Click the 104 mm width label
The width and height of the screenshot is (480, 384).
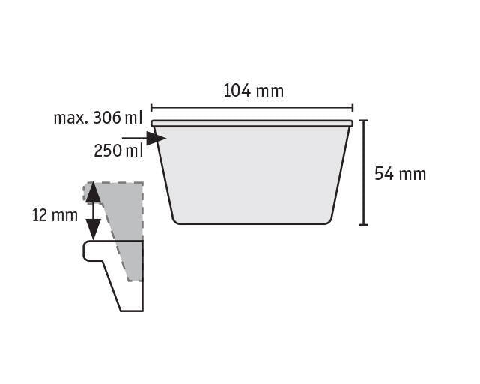pos(253,91)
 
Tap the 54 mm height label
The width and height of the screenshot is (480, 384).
pos(400,174)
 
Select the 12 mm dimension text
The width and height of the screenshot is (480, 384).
pos(55,215)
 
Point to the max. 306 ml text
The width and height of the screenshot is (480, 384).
pos(98,118)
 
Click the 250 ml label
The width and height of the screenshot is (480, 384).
pos(118,151)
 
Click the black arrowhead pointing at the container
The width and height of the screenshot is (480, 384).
pos(156,138)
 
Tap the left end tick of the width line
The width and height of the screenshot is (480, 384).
pos(151,108)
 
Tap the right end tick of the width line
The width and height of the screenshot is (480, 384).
pos(353,108)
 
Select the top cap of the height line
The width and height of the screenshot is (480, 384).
pos(363,121)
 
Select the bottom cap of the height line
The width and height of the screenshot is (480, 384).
pos(363,225)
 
